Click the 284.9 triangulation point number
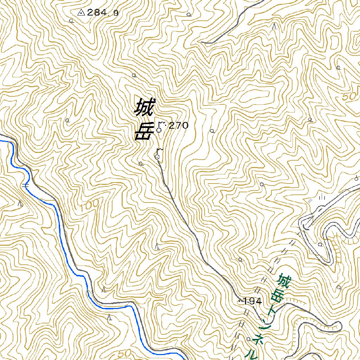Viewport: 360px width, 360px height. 103,13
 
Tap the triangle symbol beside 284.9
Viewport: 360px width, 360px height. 81,13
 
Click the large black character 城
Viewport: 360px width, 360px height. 144,108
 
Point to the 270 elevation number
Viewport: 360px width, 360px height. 179,125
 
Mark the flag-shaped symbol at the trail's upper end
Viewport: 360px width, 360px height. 158,154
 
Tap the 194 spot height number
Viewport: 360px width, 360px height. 252,301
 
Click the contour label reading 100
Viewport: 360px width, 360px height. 89,206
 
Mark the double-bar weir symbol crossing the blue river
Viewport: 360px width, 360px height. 25,185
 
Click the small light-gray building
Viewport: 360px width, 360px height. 310,201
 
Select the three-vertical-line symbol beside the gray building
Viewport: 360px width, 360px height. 322,197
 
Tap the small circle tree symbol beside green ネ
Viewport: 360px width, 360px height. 248,339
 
